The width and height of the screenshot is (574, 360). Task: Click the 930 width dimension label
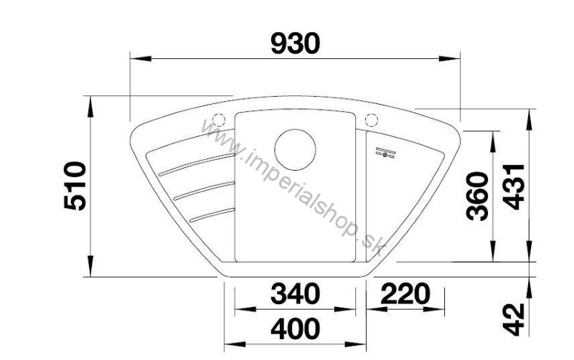296,44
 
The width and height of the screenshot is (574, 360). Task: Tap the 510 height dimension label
75,186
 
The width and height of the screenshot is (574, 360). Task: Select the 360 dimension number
478,196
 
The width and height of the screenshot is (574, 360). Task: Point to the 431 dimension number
514,187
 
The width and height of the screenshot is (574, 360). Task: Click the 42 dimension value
514,319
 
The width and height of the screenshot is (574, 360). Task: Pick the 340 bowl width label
295,293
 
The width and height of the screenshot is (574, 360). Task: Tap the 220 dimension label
405,293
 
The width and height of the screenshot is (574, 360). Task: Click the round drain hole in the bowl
295,149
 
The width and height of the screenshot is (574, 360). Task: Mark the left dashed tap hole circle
220,120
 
